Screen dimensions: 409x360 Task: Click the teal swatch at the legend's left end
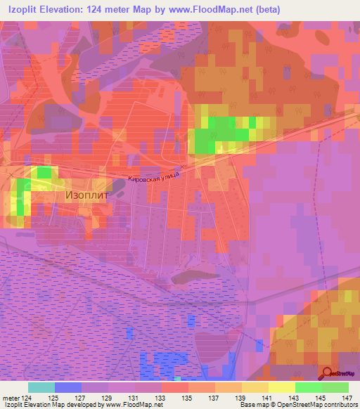[41, 387]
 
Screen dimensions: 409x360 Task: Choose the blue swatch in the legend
[68, 387]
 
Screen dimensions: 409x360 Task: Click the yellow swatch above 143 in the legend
[282, 387]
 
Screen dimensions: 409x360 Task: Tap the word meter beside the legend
[9, 397]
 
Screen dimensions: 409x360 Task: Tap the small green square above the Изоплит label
[44, 172]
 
